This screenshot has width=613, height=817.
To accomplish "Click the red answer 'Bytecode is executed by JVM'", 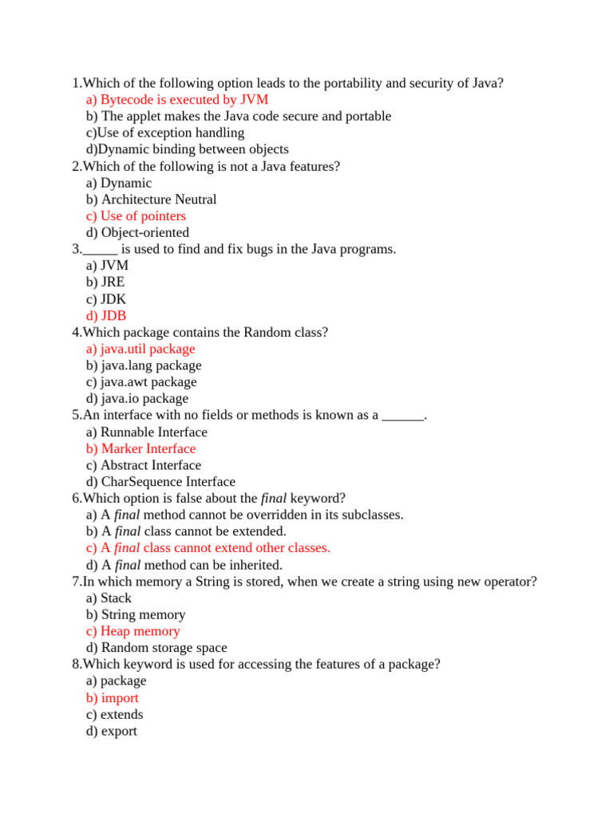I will (x=176, y=100).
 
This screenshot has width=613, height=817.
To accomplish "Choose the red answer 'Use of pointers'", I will (x=136, y=216).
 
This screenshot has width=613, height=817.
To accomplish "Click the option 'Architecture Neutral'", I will (x=151, y=199).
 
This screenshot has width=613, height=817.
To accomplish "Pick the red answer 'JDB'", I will (x=106, y=316).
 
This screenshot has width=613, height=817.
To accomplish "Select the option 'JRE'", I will (x=105, y=282).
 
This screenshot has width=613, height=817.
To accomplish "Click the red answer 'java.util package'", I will (x=140, y=349).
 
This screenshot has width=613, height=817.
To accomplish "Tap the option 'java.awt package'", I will (x=141, y=382).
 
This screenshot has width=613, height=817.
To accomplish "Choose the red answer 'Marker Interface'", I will (x=140, y=448).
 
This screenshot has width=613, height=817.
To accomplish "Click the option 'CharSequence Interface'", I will (x=160, y=482).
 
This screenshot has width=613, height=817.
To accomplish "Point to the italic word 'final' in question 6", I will (x=274, y=499).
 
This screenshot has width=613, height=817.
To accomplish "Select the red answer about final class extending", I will (x=208, y=548).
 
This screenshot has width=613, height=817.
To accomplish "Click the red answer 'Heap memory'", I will (x=132, y=631).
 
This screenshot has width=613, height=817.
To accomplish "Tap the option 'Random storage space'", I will (x=156, y=648).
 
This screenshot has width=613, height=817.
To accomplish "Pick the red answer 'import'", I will (x=113, y=698).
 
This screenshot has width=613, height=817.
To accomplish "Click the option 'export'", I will (x=112, y=731).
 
